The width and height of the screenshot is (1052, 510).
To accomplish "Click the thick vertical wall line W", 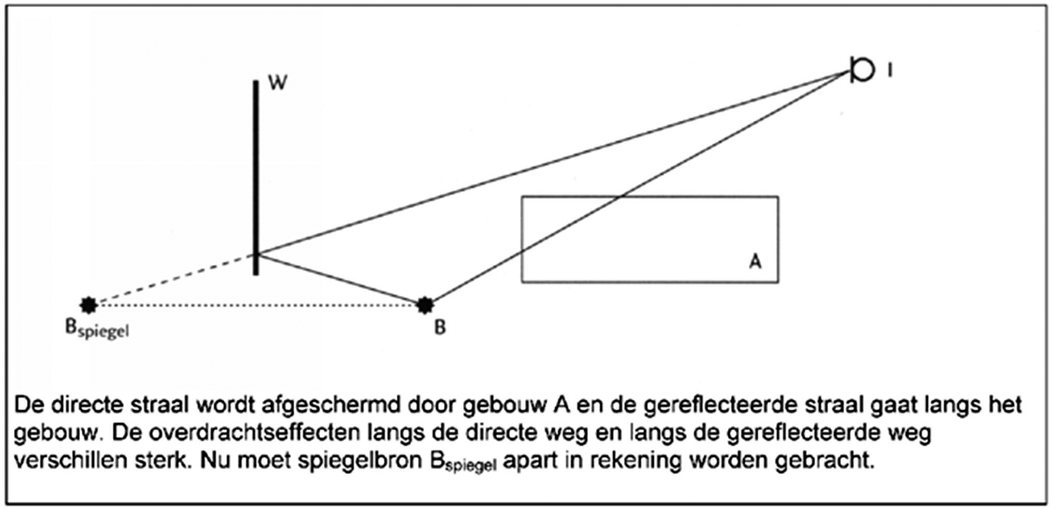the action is click(256, 178).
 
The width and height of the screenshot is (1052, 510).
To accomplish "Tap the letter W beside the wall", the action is click(277, 82).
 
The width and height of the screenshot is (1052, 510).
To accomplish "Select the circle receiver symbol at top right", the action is click(862, 70).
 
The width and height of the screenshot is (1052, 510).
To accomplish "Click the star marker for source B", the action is click(424, 305).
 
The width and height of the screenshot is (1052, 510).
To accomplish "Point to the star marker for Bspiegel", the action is click(89, 305).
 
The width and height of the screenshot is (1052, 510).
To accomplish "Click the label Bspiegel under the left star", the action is click(97, 329).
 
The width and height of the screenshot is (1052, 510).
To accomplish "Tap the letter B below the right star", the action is click(440, 327).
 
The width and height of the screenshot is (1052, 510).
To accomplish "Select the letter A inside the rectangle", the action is click(755, 261).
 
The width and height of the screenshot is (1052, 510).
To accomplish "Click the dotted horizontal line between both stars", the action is click(256, 306).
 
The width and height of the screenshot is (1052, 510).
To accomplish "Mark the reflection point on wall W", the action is click(256, 254).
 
